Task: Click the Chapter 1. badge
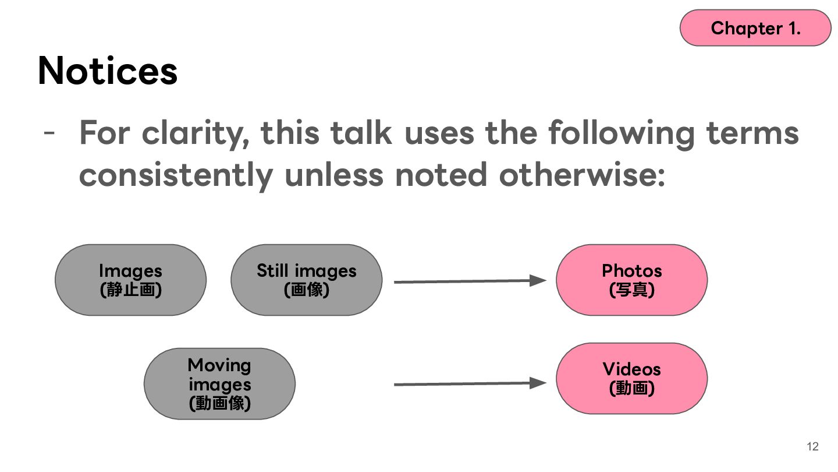point(755,28)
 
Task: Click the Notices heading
point(108,71)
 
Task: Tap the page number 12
point(812,446)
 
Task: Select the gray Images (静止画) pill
point(130,280)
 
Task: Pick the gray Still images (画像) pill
point(306,280)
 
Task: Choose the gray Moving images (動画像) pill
point(219,383)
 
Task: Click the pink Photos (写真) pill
point(632,280)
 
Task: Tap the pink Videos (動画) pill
point(632,378)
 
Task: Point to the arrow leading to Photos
point(470,281)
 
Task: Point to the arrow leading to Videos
point(470,383)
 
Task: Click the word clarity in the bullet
point(196,134)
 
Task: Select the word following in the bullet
point(622,134)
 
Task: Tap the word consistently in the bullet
point(176,176)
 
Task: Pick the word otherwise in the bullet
point(582,175)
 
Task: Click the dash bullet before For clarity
point(49,132)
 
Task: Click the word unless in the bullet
point(334,175)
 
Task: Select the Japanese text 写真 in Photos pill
point(632,290)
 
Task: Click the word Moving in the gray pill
point(219,366)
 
